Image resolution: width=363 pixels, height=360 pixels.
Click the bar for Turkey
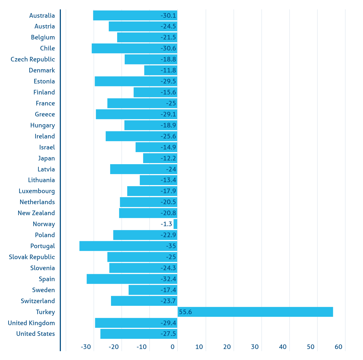coord(255,312)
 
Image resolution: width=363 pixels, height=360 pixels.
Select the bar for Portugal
coord(128,246)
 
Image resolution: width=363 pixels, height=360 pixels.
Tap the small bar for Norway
coord(175,224)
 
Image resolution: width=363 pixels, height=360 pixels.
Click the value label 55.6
coord(185,312)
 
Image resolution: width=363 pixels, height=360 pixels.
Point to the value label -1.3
coord(166,224)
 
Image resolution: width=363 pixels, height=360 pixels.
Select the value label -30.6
coord(168,48)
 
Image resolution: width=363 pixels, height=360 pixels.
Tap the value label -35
coord(171,246)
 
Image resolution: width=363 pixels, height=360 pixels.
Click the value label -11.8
coord(168,70)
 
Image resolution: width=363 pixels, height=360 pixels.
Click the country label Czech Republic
coord(33,59)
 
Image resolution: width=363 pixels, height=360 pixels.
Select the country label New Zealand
coord(36,213)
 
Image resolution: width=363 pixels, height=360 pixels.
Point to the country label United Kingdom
coord(31,323)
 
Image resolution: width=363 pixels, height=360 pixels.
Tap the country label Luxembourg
coord(37,191)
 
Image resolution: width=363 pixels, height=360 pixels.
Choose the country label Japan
coord(46,158)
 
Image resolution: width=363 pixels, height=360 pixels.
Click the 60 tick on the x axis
coord(338,347)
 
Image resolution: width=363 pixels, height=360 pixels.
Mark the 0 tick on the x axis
coord(172,347)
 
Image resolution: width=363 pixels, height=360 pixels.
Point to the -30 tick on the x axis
coord(86,347)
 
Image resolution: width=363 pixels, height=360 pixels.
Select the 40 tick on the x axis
coord(283,347)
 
